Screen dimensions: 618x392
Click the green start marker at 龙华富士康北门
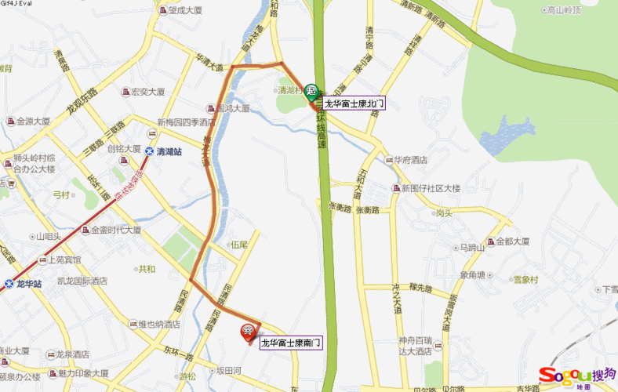(311, 91)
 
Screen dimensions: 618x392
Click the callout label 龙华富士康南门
(291, 343)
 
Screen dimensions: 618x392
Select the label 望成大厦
(185, 10)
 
